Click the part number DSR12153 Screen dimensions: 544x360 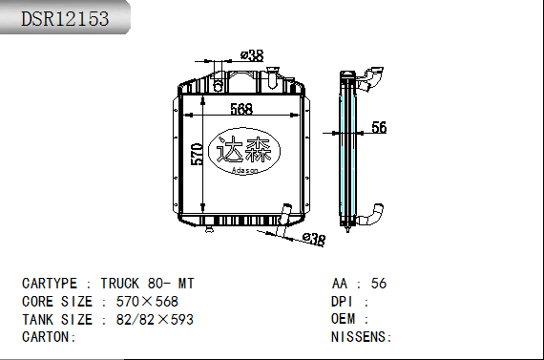pyautogui.click(x=65, y=19)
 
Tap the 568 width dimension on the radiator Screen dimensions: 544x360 pyautogui.click(x=241, y=109)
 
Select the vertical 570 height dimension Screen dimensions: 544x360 pyautogui.click(x=197, y=154)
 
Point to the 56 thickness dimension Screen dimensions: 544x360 pyautogui.click(x=379, y=127)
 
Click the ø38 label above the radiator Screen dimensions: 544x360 pyautogui.click(x=252, y=55)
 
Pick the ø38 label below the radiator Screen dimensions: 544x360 pyautogui.click(x=314, y=239)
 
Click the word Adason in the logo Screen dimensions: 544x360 pyautogui.click(x=244, y=170)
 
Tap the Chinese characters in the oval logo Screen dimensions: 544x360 pyautogui.click(x=243, y=149)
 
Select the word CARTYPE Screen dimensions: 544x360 pyautogui.click(x=50, y=284)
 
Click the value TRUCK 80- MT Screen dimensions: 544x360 pyautogui.click(x=147, y=284)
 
